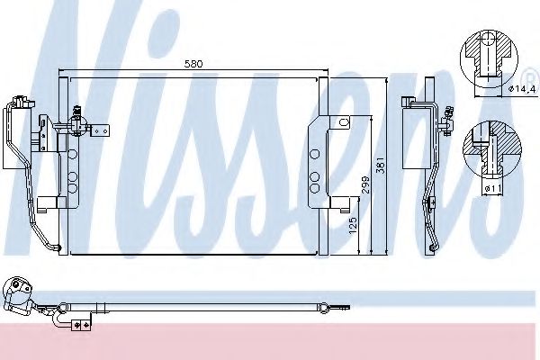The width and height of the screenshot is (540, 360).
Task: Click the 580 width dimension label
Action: pos(192,65)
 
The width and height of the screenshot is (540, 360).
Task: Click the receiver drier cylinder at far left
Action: pos(14,135)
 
